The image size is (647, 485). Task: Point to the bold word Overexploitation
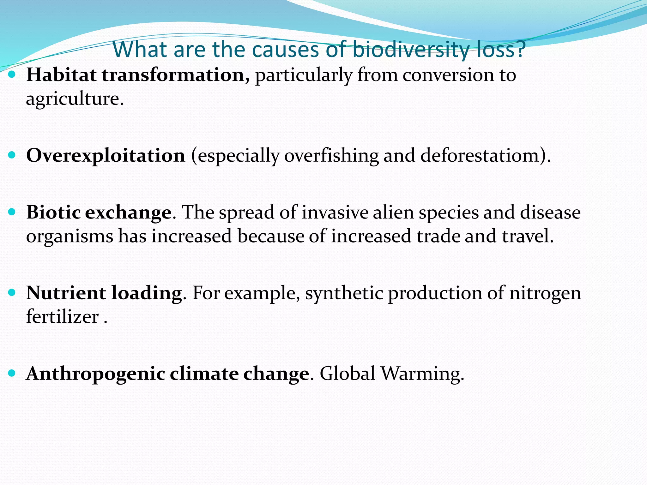click(x=106, y=155)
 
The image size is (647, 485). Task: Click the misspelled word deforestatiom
click(x=479, y=155)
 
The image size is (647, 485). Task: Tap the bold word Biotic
click(x=53, y=212)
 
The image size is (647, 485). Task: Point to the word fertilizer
click(x=62, y=316)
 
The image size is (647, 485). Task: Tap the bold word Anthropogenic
click(x=95, y=374)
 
